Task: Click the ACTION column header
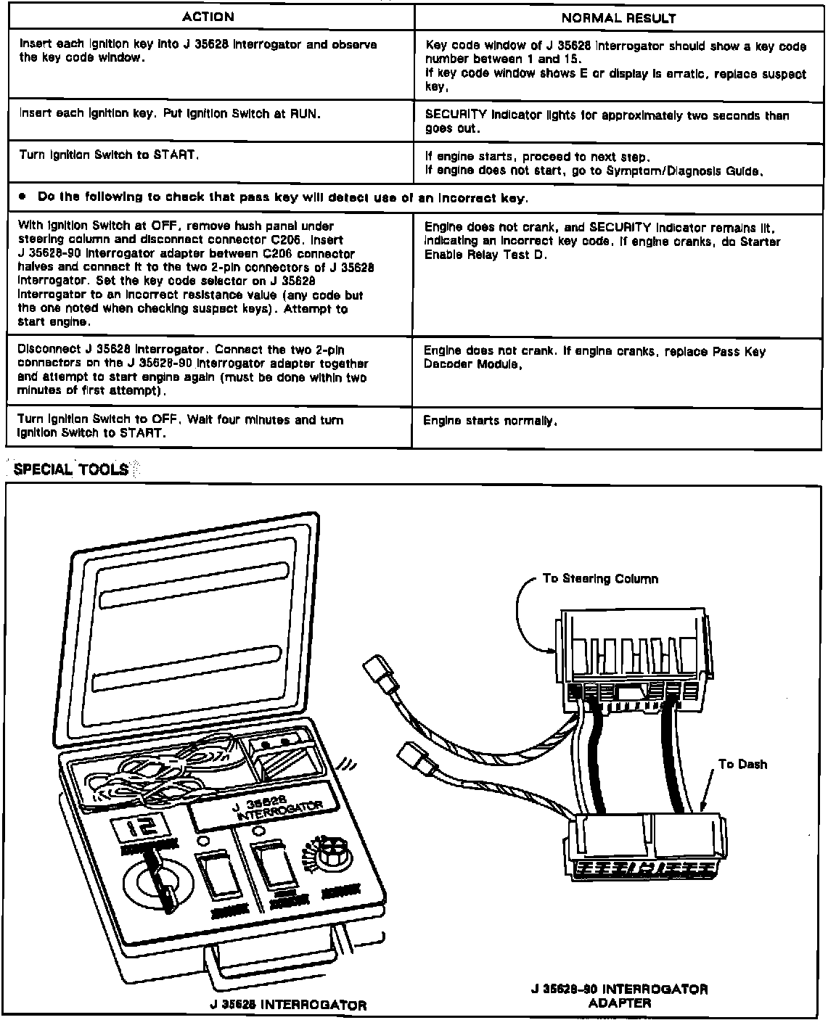pos(208,17)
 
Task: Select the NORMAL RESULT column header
pos(619,18)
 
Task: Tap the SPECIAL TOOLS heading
pos(71,469)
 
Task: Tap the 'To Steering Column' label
pos(600,579)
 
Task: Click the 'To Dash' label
pos(742,764)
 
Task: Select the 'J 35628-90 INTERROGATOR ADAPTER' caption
pos(619,995)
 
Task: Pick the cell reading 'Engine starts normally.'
pos(490,421)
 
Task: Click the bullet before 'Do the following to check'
pos(22,197)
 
